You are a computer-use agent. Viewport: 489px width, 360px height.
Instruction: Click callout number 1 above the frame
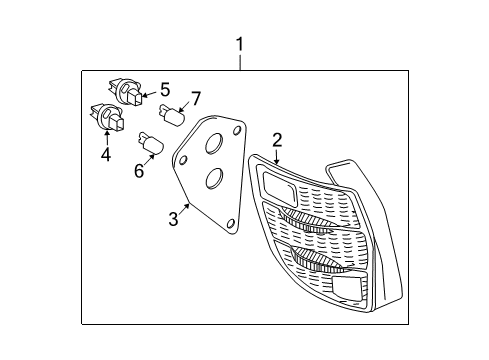(x=240, y=44)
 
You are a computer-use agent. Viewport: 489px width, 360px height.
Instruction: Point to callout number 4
(x=105, y=155)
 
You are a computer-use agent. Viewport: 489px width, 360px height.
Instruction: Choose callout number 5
(x=165, y=88)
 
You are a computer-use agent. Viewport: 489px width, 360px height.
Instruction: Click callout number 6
(x=138, y=171)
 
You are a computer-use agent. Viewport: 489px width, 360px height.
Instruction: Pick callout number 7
(x=195, y=98)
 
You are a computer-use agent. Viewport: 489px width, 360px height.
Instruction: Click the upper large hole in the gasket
(x=212, y=146)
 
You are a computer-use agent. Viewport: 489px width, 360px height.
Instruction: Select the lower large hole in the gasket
(x=212, y=180)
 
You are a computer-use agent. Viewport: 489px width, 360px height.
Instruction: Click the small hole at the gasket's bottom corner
(x=232, y=226)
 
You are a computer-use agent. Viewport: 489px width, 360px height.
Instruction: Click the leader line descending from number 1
(x=240, y=62)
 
